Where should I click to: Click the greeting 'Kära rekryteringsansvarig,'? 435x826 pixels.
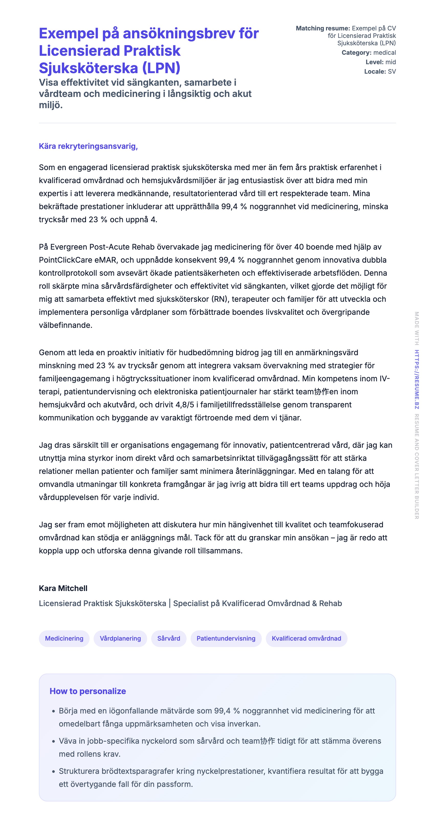pyautogui.click(x=88, y=146)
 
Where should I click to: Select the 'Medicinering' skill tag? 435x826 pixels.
pyautogui.click(x=64, y=638)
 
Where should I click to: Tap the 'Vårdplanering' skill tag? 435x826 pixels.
pyautogui.click(x=120, y=638)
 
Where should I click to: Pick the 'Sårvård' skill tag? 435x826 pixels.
pyautogui.click(x=169, y=638)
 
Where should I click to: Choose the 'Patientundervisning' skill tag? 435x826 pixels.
pyautogui.click(x=226, y=638)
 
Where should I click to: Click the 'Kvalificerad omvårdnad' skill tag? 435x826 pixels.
pyautogui.click(x=306, y=638)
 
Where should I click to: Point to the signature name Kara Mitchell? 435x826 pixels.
pyautogui.click(x=63, y=588)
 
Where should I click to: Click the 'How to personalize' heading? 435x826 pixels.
pyautogui.click(x=88, y=691)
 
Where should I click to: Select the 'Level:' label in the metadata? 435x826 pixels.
pyautogui.click(x=374, y=62)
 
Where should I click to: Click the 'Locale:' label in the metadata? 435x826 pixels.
pyautogui.click(x=375, y=72)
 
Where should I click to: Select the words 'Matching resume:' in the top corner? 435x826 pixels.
pyautogui.click(x=323, y=28)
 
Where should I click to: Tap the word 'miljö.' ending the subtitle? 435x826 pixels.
pyautogui.click(x=51, y=105)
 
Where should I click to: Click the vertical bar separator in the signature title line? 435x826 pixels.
pyautogui.click(x=170, y=603)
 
